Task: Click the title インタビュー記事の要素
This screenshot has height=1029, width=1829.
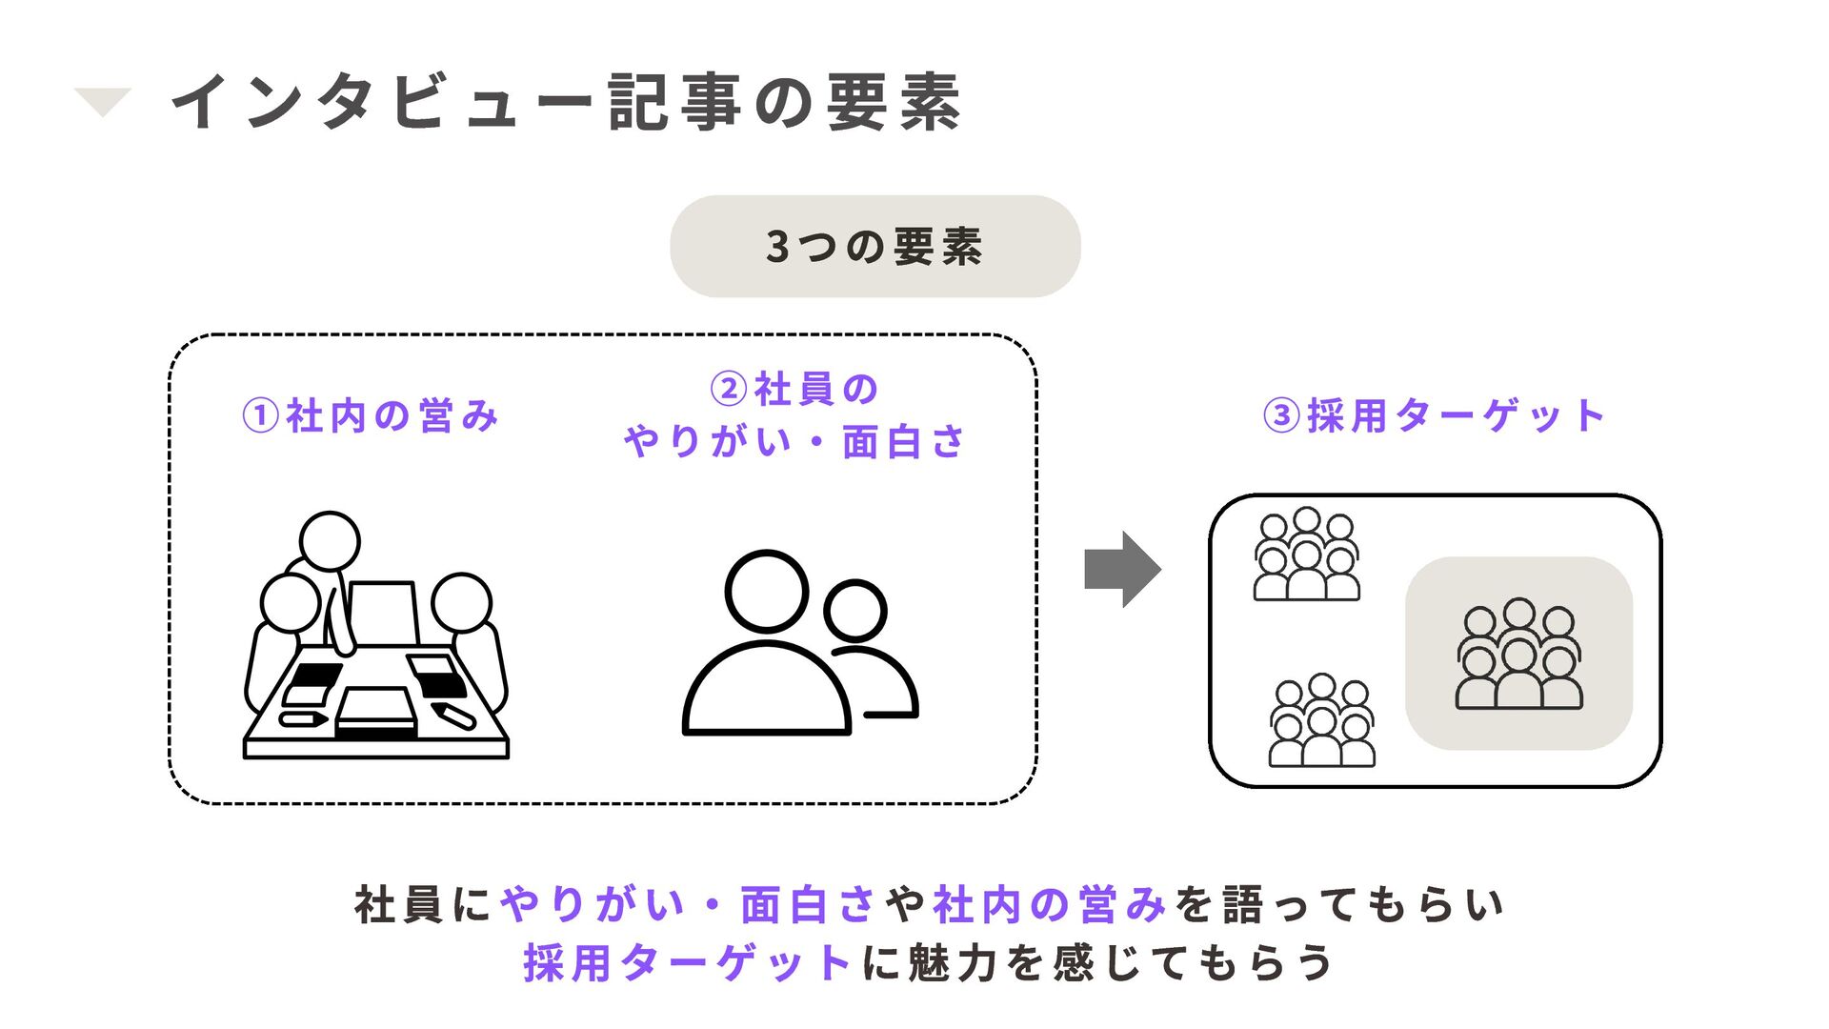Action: (x=566, y=102)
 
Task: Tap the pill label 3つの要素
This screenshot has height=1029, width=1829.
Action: (x=874, y=247)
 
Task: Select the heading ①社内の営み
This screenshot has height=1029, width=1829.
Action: (x=371, y=416)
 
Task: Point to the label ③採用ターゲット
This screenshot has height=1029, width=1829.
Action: (x=1435, y=416)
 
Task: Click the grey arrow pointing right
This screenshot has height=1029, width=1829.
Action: (x=1122, y=569)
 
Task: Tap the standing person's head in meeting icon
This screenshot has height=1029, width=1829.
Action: (x=330, y=541)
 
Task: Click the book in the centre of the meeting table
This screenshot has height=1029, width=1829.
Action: (x=376, y=713)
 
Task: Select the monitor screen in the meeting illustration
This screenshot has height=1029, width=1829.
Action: (x=383, y=613)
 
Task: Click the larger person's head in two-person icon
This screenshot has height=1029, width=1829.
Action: (x=766, y=591)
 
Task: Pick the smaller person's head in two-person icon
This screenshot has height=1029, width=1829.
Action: (x=854, y=611)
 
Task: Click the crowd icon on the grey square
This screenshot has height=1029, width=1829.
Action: (x=1518, y=654)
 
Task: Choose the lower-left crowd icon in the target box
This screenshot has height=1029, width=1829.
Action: (x=1321, y=721)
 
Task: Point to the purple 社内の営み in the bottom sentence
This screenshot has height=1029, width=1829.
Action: (x=1050, y=904)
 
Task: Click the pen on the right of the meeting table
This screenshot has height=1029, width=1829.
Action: (x=453, y=715)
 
